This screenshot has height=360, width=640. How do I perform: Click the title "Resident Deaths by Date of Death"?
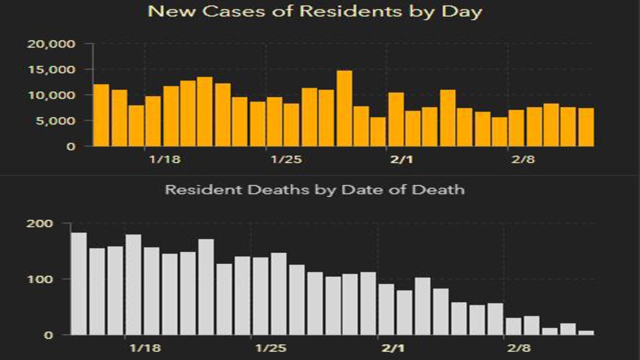tap(315, 189)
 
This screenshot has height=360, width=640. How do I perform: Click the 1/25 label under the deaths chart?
tap(270, 348)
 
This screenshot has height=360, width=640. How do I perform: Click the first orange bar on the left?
tap(101, 115)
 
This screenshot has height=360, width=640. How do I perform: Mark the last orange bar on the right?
tap(586, 127)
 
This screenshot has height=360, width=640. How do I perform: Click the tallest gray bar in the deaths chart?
tap(79, 283)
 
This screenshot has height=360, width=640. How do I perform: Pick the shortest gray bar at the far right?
tap(586, 333)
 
